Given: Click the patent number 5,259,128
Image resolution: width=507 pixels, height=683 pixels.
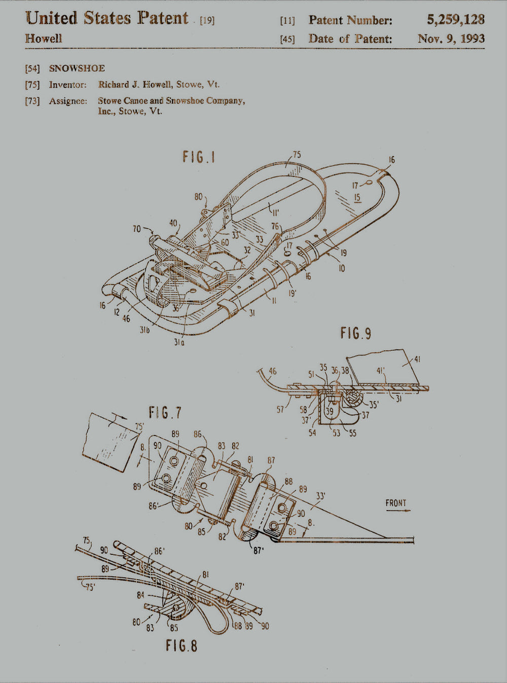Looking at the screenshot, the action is [x=456, y=20].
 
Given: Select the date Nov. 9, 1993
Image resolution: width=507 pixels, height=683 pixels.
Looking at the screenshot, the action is [x=451, y=39].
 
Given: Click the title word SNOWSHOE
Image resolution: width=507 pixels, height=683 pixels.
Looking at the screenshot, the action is [x=77, y=68].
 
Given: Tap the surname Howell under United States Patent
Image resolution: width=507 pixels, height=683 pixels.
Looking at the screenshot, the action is [x=44, y=39].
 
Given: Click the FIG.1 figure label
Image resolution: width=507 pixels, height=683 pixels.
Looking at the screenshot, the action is [x=199, y=157].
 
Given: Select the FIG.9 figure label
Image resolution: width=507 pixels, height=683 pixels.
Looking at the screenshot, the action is [x=356, y=333].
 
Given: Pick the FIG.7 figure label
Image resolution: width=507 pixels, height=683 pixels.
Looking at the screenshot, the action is [x=165, y=413].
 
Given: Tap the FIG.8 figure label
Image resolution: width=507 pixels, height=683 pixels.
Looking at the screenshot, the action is [x=182, y=645].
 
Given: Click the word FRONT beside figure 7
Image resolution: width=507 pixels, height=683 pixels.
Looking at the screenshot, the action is [x=396, y=503].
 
